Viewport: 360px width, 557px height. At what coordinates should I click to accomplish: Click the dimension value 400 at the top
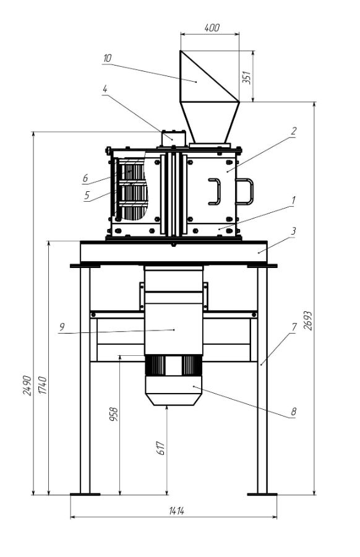pyautogui.click(x=212, y=28)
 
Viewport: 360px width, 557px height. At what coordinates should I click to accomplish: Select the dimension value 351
pyautogui.click(x=246, y=77)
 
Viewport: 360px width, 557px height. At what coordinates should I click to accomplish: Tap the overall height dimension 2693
pyautogui.click(x=308, y=321)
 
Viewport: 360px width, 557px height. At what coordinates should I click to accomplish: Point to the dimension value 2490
pyautogui.click(x=27, y=385)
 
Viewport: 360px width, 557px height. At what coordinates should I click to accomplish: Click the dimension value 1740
pyautogui.click(x=42, y=385)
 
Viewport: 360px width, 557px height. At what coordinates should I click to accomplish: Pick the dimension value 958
pyautogui.click(x=113, y=414)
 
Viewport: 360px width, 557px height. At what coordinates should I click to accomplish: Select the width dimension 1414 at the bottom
pyautogui.click(x=176, y=511)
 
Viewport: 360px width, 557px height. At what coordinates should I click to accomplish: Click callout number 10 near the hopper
pyautogui.click(x=107, y=58)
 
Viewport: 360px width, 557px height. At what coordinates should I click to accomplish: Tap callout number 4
pyautogui.click(x=105, y=89)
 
